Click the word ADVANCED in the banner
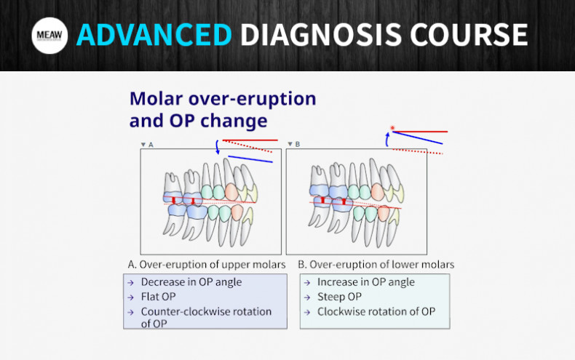pyautogui.click(x=154, y=35)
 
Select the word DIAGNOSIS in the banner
pyautogui.click(x=323, y=35)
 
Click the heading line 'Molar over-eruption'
pyautogui.click(x=222, y=98)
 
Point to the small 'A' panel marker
pyautogui.click(x=150, y=145)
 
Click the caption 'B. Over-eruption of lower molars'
pyautogui.click(x=376, y=264)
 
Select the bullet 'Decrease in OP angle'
pyautogui.click(x=191, y=282)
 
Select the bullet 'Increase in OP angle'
pyautogui.click(x=365, y=282)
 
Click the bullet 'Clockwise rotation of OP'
pyautogui.click(x=376, y=311)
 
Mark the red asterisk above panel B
pyautogui.click(x=392, y=129)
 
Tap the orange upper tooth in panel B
pyautogui.click(x=377, y=191)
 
